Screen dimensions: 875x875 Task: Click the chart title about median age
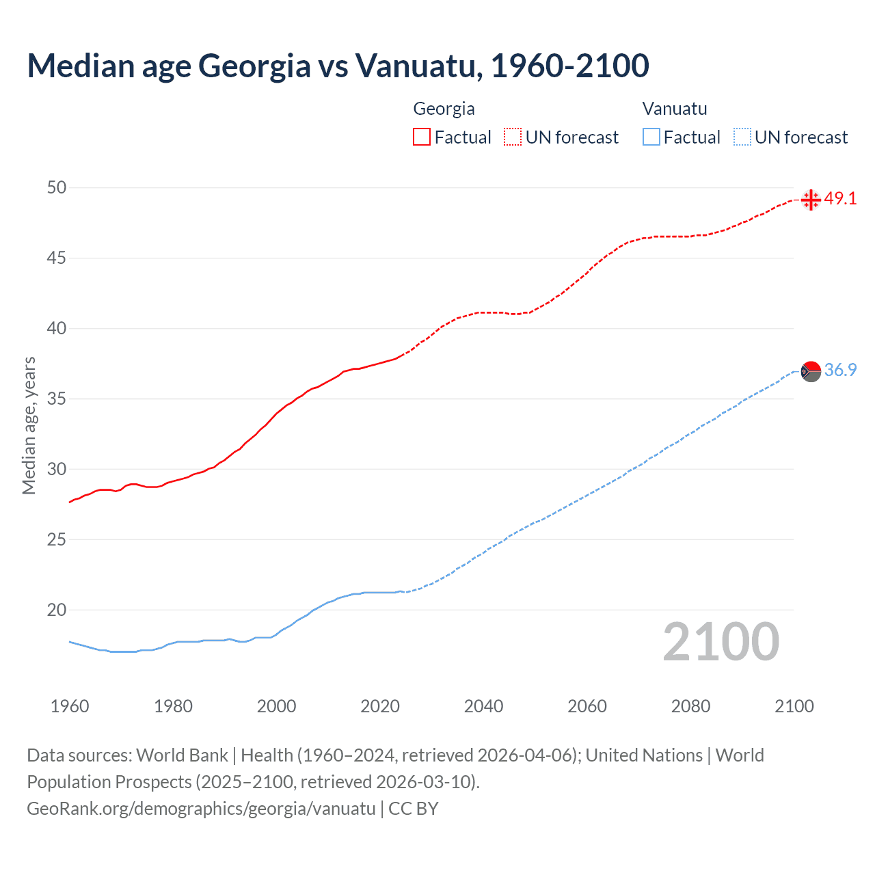tap(338, 66)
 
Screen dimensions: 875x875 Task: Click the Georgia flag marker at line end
tap(811, 200)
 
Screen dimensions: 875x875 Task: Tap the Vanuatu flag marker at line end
tap(811, 371)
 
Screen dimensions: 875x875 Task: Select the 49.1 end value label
tap(840, 199)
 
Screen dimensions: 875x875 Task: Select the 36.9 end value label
tap(840, 371)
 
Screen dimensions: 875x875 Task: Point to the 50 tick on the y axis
tap(57, 187)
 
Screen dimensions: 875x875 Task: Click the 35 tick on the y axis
tap(57, 399)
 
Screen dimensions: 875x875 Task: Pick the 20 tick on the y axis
tap(57, 610)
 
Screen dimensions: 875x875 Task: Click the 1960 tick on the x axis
tap(70, 706)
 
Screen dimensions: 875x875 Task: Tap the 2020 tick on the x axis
tap(380, 706)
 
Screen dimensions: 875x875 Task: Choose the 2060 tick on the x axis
tap(587, 706)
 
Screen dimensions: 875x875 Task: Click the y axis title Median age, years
tap(29, 425)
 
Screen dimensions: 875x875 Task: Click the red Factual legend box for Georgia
tap(422, 137)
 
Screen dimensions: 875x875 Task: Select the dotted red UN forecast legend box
tap(513, 137)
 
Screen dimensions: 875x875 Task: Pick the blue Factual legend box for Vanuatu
tap(651, 137)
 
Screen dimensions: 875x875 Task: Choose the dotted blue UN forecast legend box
tap(742, 137)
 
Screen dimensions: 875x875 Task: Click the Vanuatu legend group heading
tap(675, 109)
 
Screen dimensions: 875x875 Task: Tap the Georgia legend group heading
tap(444, 109)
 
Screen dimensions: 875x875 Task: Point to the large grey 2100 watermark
tap(721, 642)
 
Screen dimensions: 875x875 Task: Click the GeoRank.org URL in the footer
tap(201, 809)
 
